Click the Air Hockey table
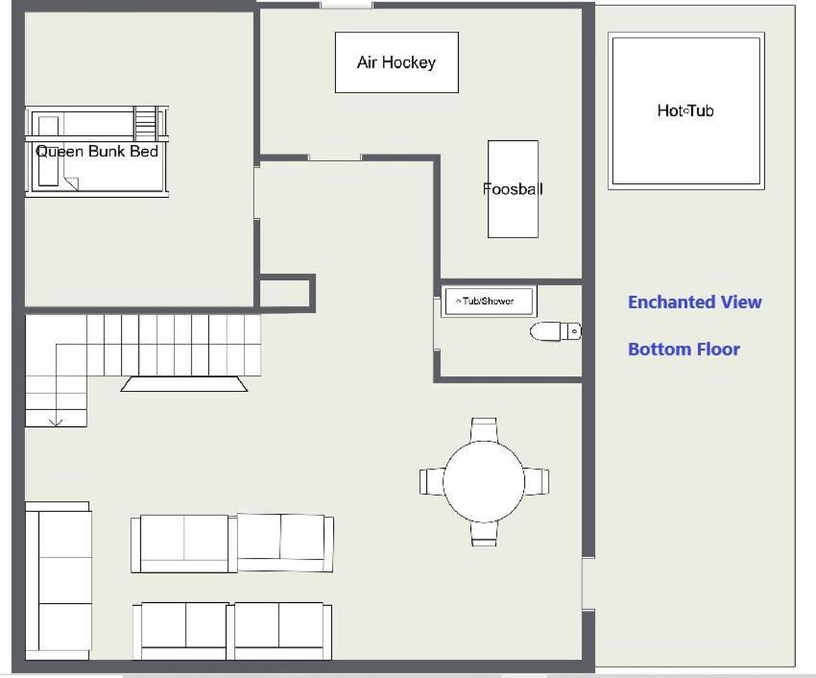coord(396,62)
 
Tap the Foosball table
coord(513,189)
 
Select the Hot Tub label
coord(685,110)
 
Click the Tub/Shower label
coord(488,301)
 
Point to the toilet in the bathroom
coord(555,331)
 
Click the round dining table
coord(484,482)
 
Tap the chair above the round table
coord(484,430)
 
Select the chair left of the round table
coord(432,482)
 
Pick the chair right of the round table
coord(536,482)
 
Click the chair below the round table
coord(484,533)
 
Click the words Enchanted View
coord(695,303)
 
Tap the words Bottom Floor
coord(684,349)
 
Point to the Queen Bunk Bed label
coord(97,152)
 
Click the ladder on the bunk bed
coord(146,124)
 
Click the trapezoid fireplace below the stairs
coord(184,384)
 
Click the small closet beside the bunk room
coord(286,294)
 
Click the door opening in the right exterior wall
coord(588,583)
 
